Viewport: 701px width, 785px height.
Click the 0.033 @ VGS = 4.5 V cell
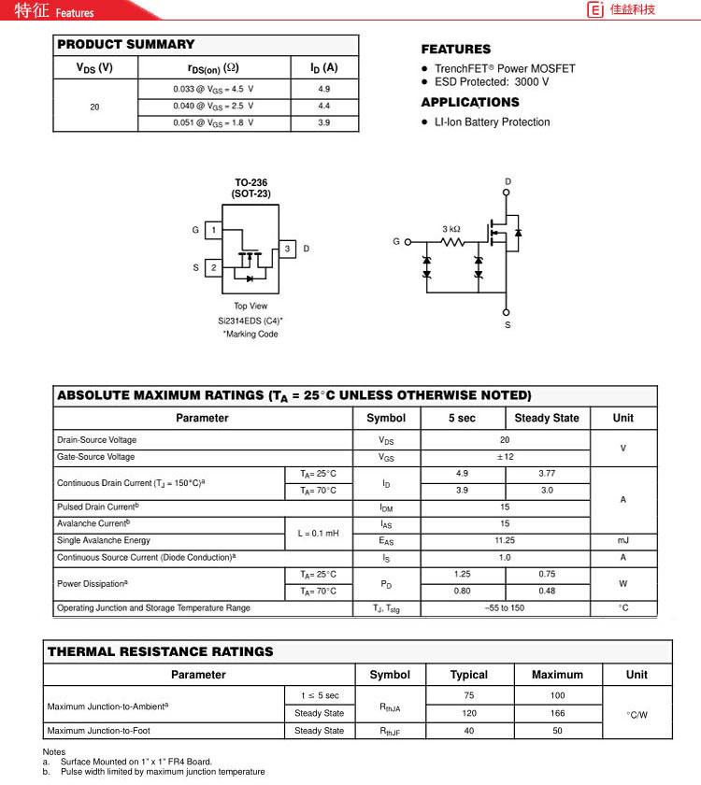[x=213, y=89]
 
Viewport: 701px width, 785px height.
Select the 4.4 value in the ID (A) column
[x=324, y=106]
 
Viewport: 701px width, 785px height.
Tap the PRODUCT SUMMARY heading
[x=126, y=44]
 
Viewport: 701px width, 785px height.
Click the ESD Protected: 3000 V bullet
[x=491, y=82]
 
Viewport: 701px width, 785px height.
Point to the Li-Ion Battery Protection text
[x=492, y=122]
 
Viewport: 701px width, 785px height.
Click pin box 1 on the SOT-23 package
[x=213, y=230]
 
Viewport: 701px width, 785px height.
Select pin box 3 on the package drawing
[x=287, y=249]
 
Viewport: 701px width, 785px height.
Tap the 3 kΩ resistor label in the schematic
[x=451, y=229]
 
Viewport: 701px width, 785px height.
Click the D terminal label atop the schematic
[x=508, y=181]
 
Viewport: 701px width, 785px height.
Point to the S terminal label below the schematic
[x=508, y=325]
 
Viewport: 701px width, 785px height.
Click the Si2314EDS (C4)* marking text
[x=250, y=321]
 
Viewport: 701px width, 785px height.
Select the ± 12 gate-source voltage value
[x=505, y=457]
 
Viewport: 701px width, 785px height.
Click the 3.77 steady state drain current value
[x=547, y=474]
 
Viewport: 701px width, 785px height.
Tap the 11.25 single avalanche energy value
[x=505, y=540]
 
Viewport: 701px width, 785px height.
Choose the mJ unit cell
[x=622, y=540]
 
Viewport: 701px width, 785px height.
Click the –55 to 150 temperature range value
[x=505, y=608]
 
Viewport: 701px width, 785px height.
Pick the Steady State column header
[x=547, y=418]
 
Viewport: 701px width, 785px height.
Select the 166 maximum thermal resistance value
[x=557, y=713]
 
